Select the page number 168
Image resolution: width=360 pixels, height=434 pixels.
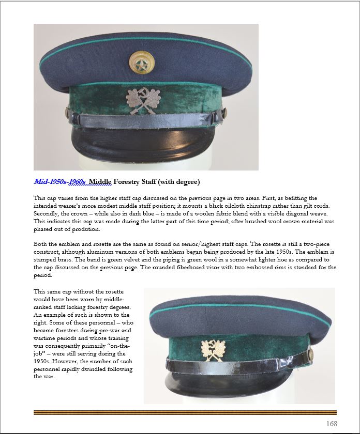pyautogui.click(x=332, y=424)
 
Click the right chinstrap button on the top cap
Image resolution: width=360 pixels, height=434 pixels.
pyautogui.click(x=224, y=112)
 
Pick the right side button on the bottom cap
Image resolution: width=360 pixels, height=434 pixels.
pyautogui.click(x=310, y=353)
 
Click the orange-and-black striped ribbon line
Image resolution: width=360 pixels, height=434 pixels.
pyautogui.click(x=185, y=412)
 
